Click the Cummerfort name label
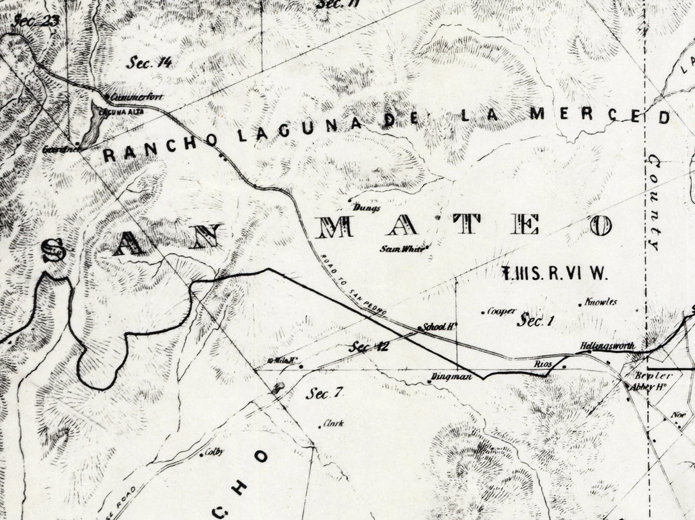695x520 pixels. (x=137, y=97)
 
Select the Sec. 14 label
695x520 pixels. (x=149, y=63)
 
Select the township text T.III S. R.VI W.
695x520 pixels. (x=554, y=273)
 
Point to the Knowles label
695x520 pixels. (x=601, y=302)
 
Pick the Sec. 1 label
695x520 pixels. (x=536, y=321)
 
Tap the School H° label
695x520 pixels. (x=439, y=328)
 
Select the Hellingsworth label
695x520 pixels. (x=607, y=347)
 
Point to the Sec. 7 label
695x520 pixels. (x=324, y=394)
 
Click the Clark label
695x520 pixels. (x=333, y=424)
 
